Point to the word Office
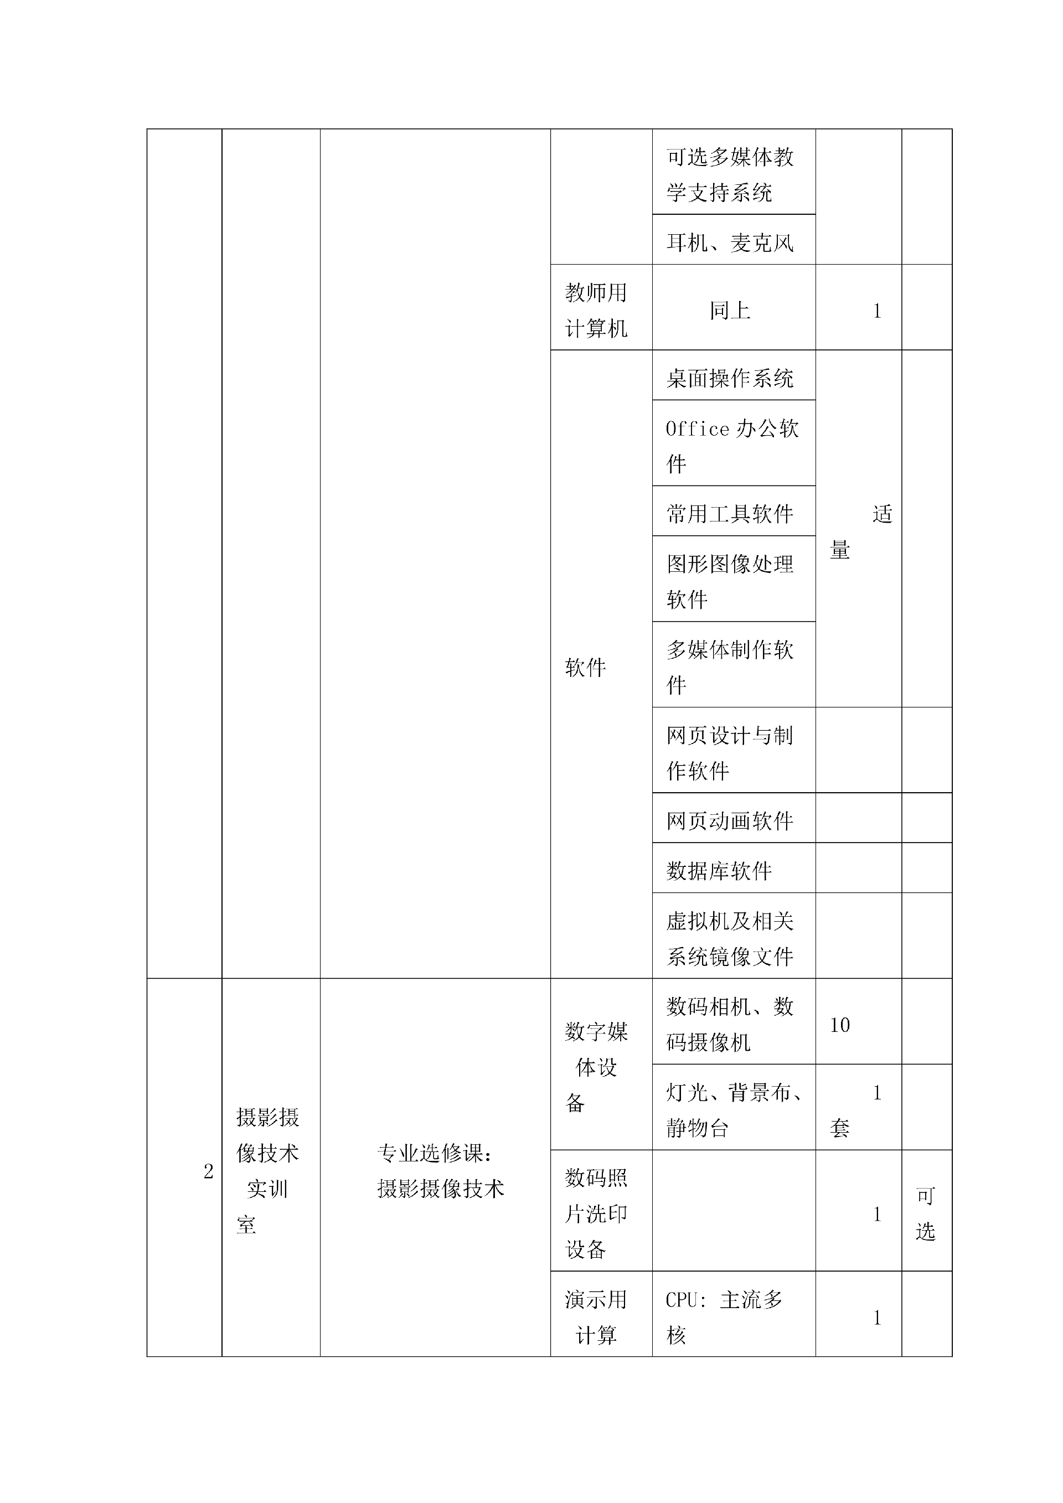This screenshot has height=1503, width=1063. click(x=697, y=430)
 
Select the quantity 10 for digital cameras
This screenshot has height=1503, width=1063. click(x=840, y=1025)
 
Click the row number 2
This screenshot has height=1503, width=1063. click(x=208, y=1171)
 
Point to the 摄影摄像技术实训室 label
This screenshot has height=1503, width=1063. click(x=268, y=1170)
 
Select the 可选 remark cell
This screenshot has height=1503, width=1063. click(x=926, y=1213)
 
